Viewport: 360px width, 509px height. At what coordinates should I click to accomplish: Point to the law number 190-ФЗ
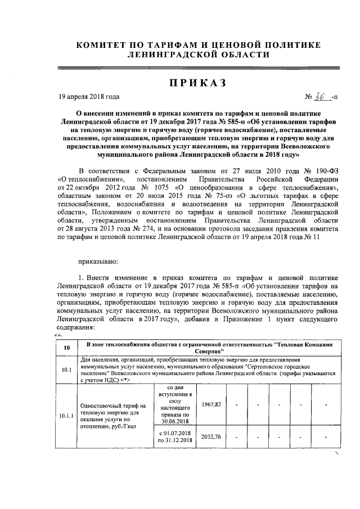326,170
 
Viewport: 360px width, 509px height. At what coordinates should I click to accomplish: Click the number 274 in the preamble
143,229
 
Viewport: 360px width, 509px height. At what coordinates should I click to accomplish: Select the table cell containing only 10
66,348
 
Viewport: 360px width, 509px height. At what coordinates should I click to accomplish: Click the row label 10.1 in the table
66,370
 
